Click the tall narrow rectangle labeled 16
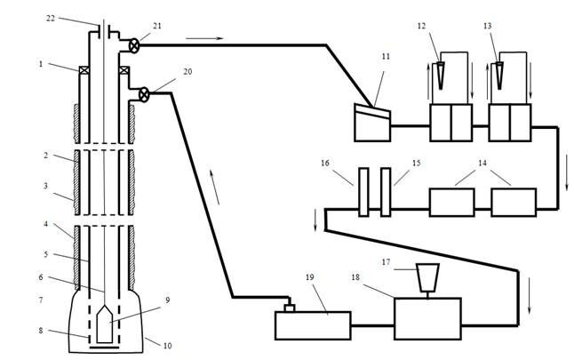pyautogui.click(x=363, y=191)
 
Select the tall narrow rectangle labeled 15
pyautogui.click(x=385, y=191)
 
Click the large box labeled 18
pyautogui.click(x=427, y=317)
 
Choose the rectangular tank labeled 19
pyautogui.click(x=313, y=324)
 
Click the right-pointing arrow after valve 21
pyautogui.click(x=201, y=38)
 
